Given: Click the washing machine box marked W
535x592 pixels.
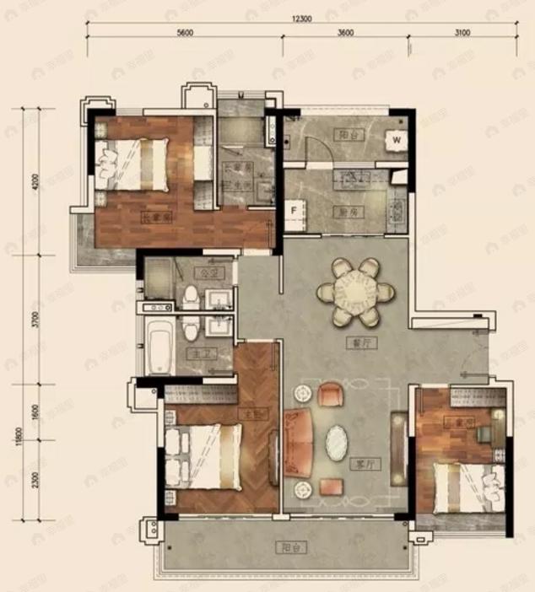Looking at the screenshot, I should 395,140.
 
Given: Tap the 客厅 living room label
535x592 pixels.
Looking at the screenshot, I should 364,464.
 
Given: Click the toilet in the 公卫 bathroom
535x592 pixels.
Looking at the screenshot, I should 191,297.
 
